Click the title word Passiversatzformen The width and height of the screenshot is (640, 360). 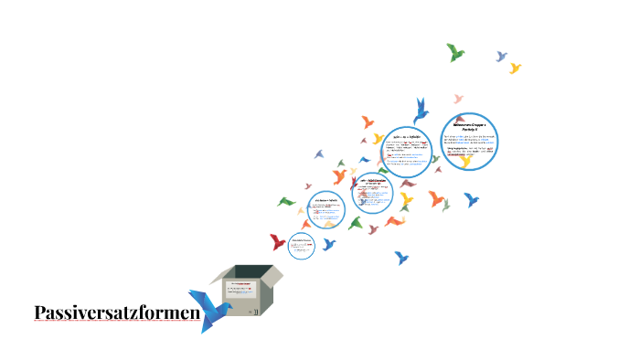[x=117, y=313]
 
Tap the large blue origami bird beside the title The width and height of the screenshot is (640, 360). [x=209, y=310]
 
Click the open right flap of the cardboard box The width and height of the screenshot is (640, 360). [x=272, y=277]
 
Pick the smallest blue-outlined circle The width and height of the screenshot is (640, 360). [x=302, y=245]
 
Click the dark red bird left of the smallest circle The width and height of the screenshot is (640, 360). [x=278, y=242]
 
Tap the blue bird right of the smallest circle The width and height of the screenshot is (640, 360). [x=329, y=244]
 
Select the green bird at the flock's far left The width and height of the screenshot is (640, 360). [x=287, y=201]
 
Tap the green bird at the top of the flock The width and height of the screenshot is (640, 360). [x=454, y=52]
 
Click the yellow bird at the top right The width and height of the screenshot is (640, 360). [x=515, y=68]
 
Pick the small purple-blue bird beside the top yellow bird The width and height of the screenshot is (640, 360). [x=501, y=57]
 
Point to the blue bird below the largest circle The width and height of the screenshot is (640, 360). [x=471, y=198]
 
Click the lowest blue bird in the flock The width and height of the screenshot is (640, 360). [x=401, y=259]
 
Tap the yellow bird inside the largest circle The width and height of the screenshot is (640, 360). [x=467, y=159]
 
